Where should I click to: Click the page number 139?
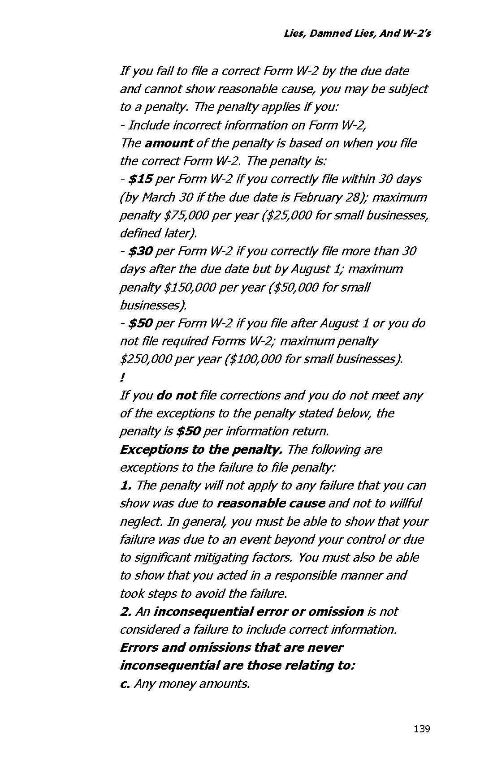point(421,729)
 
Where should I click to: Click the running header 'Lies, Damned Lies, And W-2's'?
point(357,34)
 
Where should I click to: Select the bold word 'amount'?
point(169,143)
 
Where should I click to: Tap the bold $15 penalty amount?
point(140,179)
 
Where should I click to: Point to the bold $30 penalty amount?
point(140,251)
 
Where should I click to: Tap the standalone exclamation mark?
point(122,378)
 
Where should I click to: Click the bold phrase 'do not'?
point(176,396)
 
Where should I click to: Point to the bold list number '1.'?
point(125,486)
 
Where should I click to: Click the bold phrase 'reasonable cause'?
point(270,503)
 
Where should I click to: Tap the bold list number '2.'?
point(125,612)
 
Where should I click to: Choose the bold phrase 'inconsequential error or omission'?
point(258,612)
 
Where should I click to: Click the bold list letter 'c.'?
point(125,684)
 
